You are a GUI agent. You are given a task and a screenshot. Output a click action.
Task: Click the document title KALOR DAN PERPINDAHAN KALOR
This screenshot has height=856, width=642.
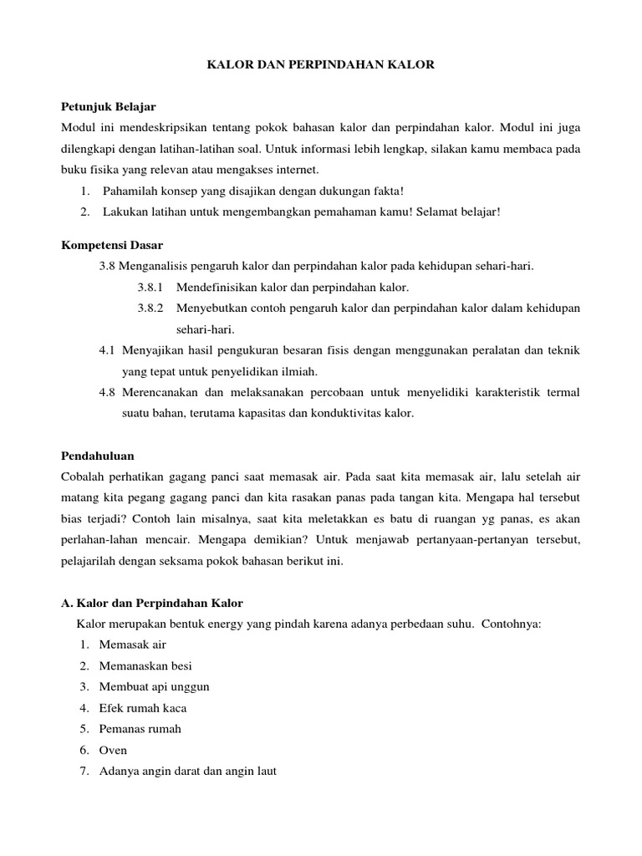(321, 64)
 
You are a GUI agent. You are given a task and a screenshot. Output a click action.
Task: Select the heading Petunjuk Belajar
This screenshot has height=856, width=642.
(109, 108)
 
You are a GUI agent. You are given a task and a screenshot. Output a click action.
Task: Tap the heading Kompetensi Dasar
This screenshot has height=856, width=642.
(113, 245)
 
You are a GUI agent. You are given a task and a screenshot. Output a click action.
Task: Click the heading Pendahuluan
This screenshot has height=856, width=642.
(98, 456)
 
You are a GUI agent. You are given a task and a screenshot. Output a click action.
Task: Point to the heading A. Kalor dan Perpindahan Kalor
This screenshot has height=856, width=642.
(152, 603)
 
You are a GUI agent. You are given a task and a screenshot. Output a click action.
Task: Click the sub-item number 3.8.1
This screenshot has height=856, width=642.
(151, 287)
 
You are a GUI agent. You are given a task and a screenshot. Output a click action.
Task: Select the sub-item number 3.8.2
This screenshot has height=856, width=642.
(151, 308)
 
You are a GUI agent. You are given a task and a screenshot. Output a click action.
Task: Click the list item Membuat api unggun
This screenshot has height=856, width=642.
(154, 686)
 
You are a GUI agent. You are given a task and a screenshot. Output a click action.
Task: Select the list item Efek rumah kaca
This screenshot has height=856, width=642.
(142, 708)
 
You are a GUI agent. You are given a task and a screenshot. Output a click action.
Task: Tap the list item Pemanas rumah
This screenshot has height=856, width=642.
(140, 729)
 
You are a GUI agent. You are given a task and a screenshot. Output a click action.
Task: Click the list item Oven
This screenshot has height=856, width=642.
(113, 750)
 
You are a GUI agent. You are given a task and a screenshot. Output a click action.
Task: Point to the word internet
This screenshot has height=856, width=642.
(297, 170)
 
